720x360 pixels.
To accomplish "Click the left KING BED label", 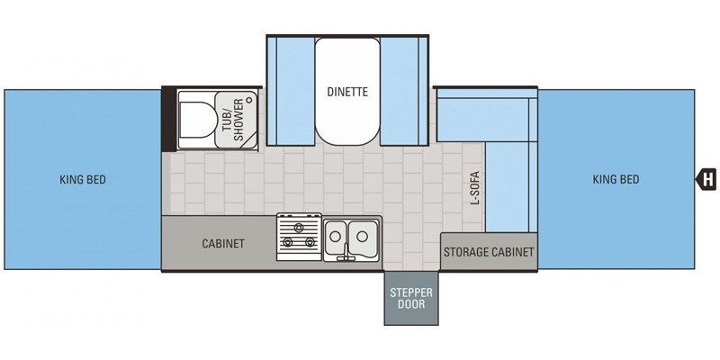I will pyautogui.click(x=83, y=180).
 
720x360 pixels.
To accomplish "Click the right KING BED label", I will pyautogui.click(x=616, y=180).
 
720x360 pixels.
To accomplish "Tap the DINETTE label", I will pyautogui.click(x=347, y=91).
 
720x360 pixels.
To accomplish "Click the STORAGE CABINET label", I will pyautogui.click(x=489, y=252).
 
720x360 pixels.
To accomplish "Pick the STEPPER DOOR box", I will pyautogui.click(x=411, y=298).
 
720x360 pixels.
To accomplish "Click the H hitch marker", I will pyautogui.click(x=707, y=180).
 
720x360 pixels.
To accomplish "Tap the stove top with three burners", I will pyautogui.click(x=299, y=237).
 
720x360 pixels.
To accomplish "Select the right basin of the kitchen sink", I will pyautogui.click(x=364, y=237).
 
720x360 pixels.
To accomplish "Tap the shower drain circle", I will pyautogui.click(x=249, y=101).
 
